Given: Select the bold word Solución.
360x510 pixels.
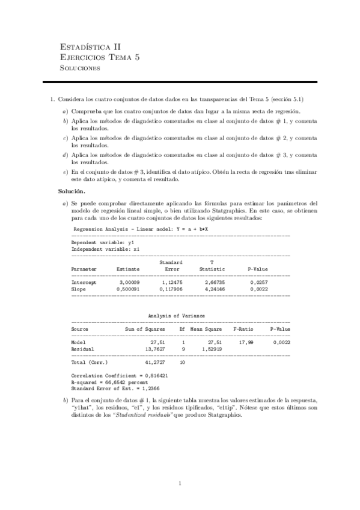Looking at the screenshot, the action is [x=72, y=191].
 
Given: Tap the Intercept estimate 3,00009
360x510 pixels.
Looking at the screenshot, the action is [x=129, y=281].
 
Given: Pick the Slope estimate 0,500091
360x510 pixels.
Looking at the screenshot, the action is [x=128, y=289].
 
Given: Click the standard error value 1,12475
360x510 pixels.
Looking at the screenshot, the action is [x=172, y=281].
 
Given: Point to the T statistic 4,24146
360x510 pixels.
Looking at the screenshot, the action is [x=212, y=289].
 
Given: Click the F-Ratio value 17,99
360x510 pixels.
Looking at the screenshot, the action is [x=245, y=342].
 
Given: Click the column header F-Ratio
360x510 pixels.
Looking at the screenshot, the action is [x=243, y=329].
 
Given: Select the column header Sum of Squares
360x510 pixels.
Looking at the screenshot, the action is [x=141, y=329].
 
